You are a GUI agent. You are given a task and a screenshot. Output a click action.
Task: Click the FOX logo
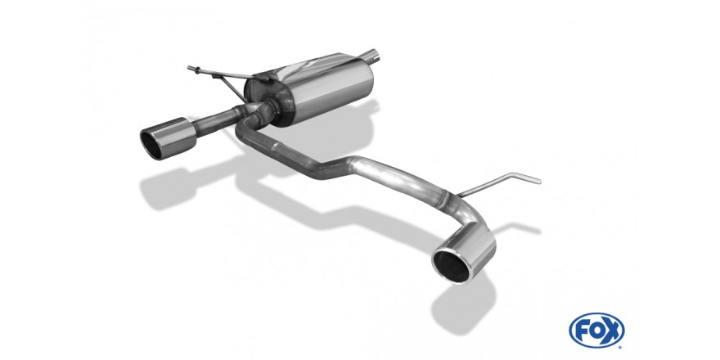coord(596,331)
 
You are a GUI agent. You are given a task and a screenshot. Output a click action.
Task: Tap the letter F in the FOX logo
coord(583,331)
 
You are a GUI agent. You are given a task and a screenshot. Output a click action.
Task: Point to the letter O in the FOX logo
coord(596,331)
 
